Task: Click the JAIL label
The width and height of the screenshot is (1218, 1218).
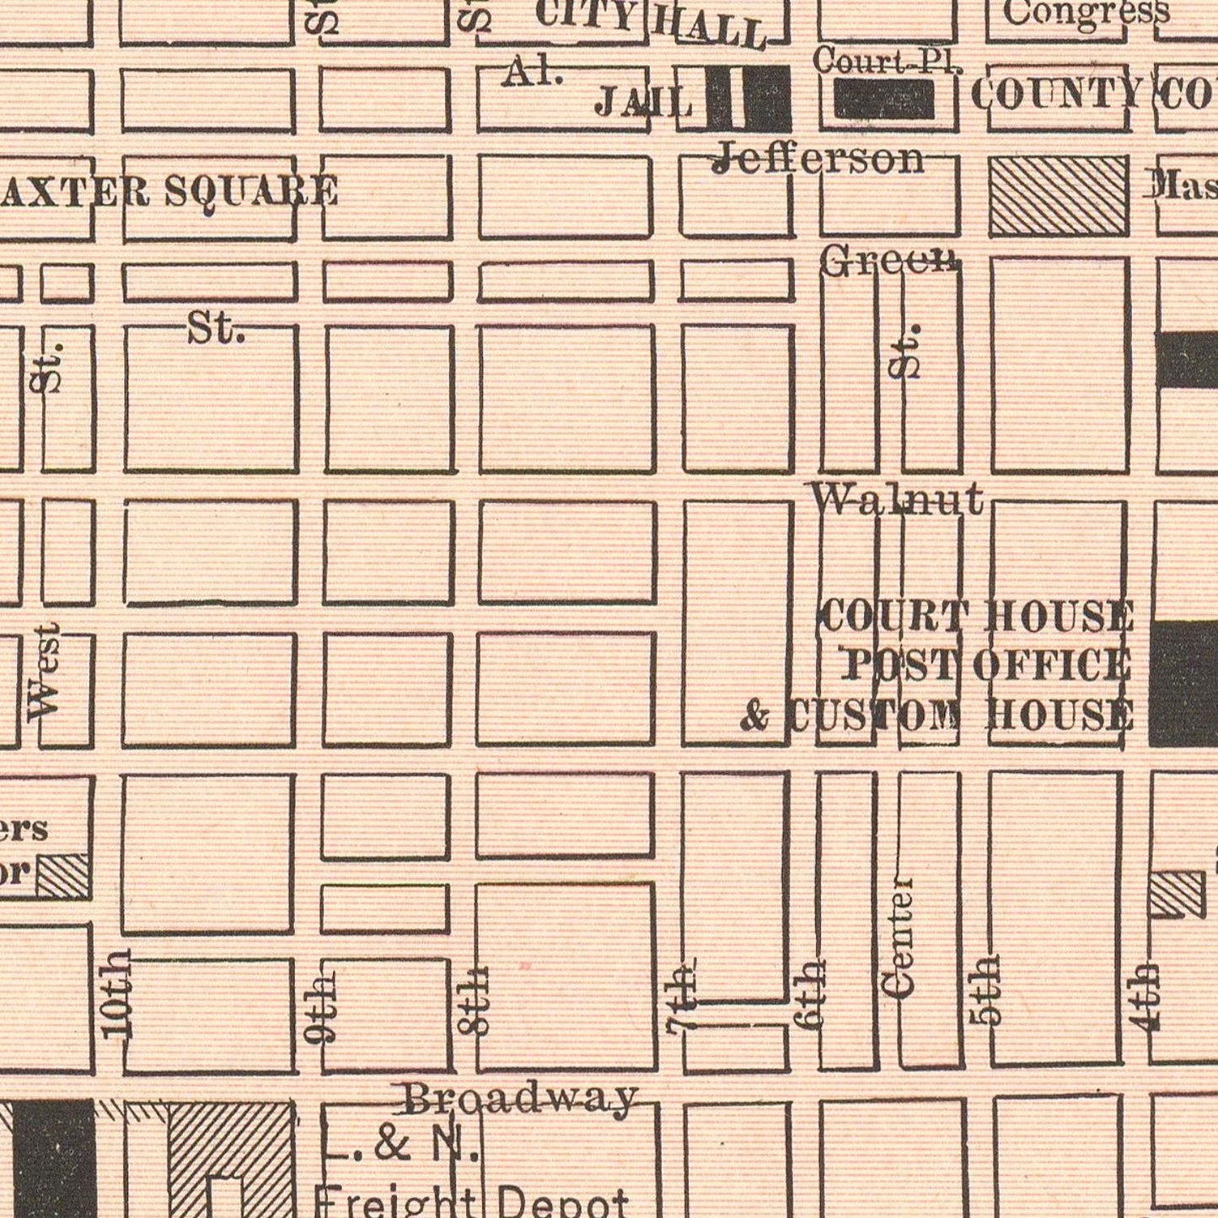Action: (643, 102)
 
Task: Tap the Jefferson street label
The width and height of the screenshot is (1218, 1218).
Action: (818, 158)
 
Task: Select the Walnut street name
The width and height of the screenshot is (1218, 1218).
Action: (897, 499)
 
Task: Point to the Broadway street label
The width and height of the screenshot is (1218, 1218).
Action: (518, 1098)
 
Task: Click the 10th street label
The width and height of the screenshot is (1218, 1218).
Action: (116, 993)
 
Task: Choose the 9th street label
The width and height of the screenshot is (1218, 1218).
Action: (321, 1009)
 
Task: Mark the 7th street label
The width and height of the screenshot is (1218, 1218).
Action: (681, 996)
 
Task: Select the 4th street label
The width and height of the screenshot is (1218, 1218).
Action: (1146, 996)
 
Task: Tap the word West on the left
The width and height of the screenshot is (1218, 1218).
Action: (43, 672)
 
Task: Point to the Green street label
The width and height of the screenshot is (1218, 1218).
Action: (889, 260)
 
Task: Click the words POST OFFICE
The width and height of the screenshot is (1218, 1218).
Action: (987, 665)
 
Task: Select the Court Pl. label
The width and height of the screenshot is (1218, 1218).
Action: (887, 61)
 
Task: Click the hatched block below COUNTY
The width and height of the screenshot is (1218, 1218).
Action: (1058, 196)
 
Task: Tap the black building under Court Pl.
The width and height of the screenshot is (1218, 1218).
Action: (884, 99)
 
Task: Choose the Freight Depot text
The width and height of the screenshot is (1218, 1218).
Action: (471, 1201)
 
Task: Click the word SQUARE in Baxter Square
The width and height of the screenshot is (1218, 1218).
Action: (251, 191)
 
